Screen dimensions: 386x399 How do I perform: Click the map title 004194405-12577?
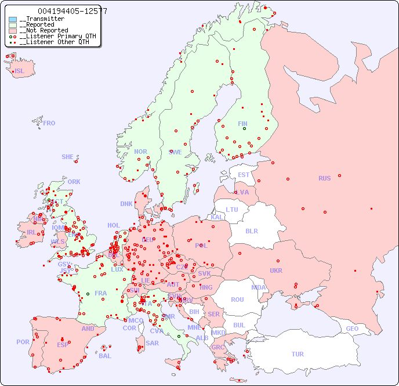tap(72, 11)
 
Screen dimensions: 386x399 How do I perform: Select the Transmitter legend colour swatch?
tap(13, 19)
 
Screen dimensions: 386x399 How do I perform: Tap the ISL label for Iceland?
tap(20, 71)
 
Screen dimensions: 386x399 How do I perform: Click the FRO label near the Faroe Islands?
tap(49, 123)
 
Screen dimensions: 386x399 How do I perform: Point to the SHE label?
tap(68, 157)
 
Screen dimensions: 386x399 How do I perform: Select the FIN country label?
tap(242, 124)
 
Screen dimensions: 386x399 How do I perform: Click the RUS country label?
tap(324, 178)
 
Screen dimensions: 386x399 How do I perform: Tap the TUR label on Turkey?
tap(298, 354)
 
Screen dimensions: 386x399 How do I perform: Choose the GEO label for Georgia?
tap(352, 329)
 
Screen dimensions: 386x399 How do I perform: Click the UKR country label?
tap(276, 270)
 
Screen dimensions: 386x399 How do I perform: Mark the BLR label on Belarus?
tap(252, 230)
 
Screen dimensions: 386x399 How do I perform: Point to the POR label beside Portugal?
tap(23, 342)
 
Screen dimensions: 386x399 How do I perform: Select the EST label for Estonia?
tap(244, 175)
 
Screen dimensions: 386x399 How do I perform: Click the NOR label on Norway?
tap(140, 151)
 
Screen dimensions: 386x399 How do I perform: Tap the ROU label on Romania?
tap(237, 300)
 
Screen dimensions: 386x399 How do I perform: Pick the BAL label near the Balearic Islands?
tap(105, 356)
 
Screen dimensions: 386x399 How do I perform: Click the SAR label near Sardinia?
tap(153, 343)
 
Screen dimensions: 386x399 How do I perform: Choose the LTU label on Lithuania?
tap(232, 210)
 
